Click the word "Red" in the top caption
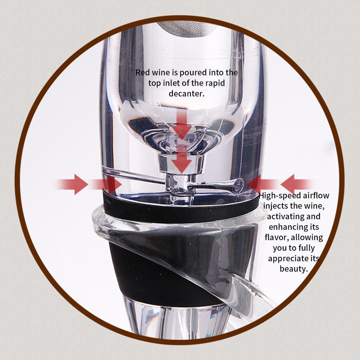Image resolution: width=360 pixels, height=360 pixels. click(x=142, y=73)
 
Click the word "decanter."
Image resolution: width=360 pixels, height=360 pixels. click(x=187, y=94)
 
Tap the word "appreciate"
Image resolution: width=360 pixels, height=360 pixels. click(x=288, y=259)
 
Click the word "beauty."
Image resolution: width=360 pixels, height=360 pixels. click(x=294, y=269)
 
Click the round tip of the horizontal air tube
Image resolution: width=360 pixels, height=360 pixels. click(x=239, y=183)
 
